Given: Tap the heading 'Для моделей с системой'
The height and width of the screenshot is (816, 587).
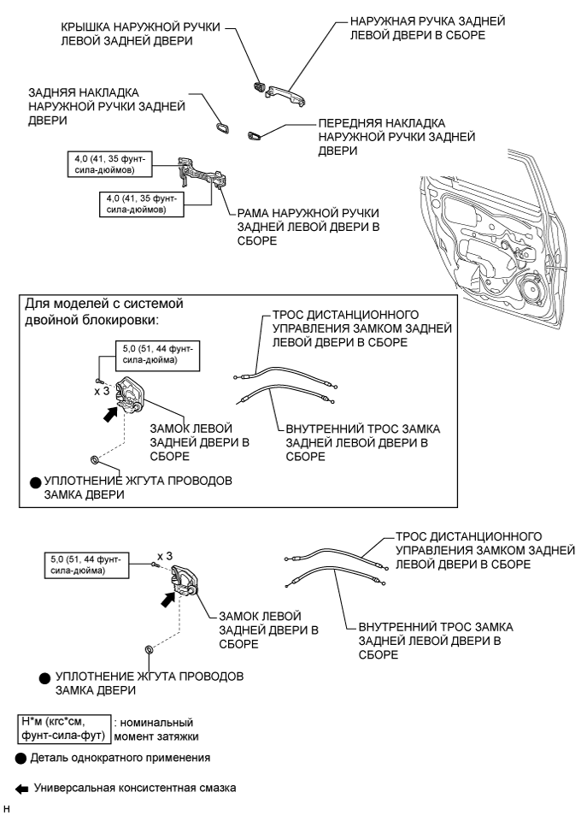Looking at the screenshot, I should tap(103, 304).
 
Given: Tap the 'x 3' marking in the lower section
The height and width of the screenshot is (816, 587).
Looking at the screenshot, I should tap(165, 556).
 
